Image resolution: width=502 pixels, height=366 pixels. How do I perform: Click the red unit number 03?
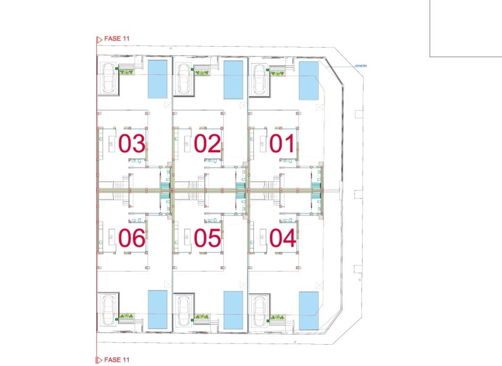[x=132, y=144]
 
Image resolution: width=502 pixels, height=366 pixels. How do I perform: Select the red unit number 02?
[x=207, y=144]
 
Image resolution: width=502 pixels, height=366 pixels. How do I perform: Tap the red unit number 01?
[x=282, y=144]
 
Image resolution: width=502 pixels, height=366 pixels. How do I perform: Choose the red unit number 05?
[x=207, y=238]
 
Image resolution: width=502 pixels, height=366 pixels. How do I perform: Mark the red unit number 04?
[x=282, y=238]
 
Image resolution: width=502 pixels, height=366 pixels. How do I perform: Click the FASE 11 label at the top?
[x=116, y=38]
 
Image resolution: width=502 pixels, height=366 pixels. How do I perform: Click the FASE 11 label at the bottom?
[x=116, y=359]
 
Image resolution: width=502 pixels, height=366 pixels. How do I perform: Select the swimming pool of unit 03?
[x=157, y=79]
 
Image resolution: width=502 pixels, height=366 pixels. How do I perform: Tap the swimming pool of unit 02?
[x=233, y=79]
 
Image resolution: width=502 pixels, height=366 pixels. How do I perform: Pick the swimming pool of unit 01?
[x=308, y=80]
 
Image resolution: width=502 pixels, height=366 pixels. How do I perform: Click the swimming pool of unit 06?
[x=157, y=309]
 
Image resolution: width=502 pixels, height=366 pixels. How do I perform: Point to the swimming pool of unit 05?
[x=233, y=310]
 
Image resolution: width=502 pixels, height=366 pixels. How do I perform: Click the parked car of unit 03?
[x=108, y=77]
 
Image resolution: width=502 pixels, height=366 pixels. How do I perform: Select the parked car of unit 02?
[x=184, y=77]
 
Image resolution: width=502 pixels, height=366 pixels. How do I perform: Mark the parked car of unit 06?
[x=108, y=309]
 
